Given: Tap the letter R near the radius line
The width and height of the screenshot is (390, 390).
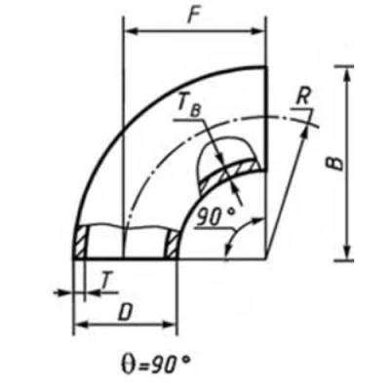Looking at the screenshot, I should pos(305,97).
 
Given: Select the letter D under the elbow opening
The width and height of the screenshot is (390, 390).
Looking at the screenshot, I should pos(126,311).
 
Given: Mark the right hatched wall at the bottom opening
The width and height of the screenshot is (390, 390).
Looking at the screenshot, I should pos(172,243).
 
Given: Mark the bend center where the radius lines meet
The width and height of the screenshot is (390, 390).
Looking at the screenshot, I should pos(266,258).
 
